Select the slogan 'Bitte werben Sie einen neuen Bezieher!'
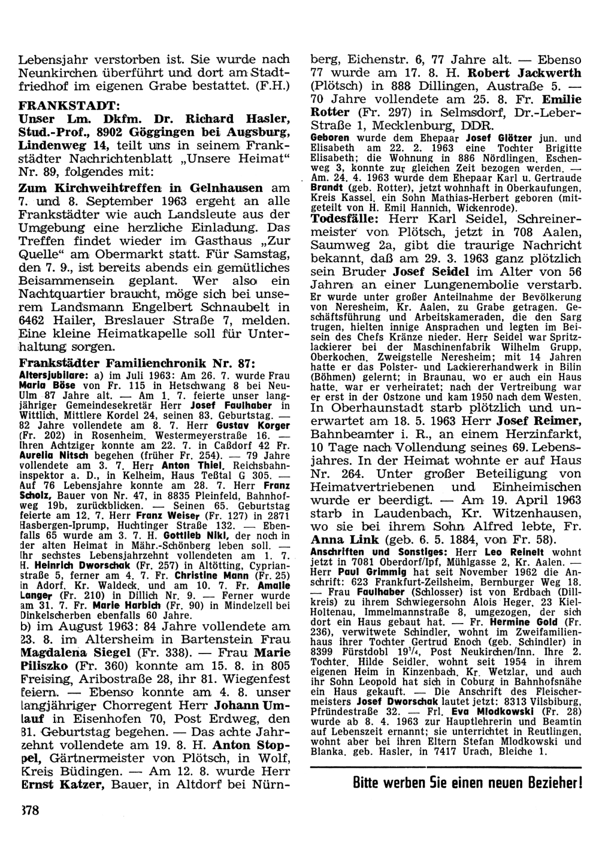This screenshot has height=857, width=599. coord(467,783)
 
